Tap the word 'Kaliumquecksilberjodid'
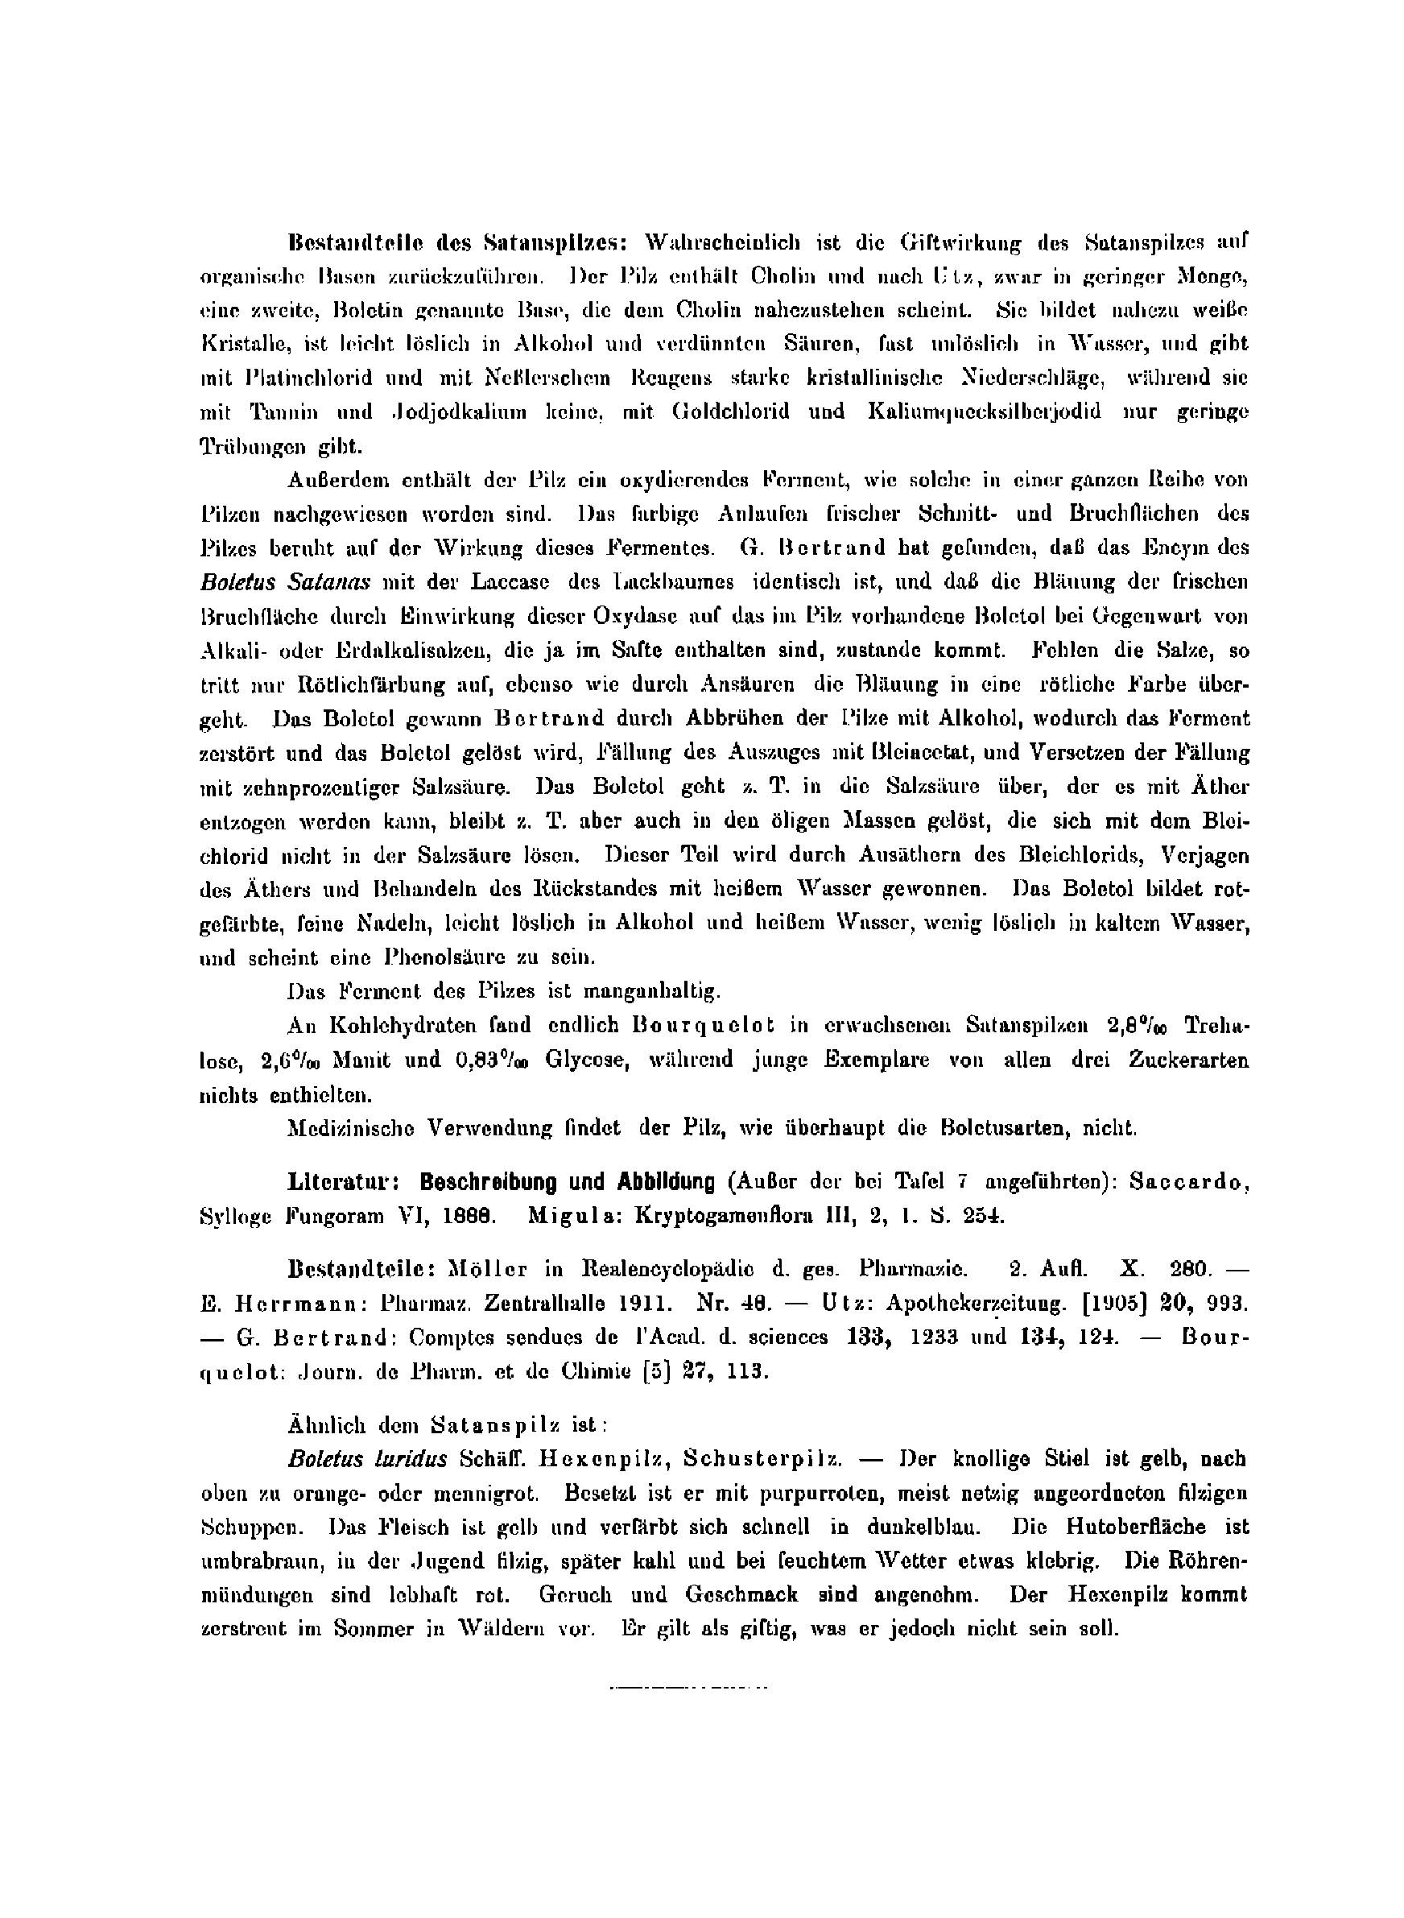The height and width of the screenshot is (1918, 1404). click(984, 411)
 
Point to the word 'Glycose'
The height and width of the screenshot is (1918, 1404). click(585, 1060)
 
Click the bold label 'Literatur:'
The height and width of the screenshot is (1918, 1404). click(345, 1182)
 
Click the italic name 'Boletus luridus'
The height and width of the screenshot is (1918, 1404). click(367, 1459)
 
